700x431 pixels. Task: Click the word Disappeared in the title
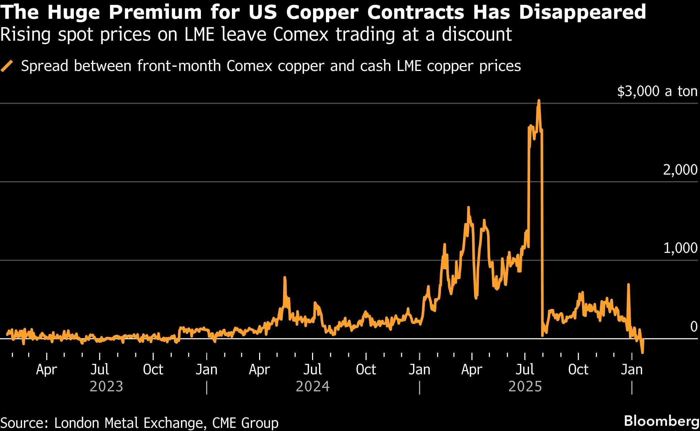(x=582, y=13)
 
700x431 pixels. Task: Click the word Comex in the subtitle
(x=301, y=34)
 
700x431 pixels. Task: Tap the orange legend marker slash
(x=7, y=66)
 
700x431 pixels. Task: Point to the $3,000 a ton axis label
(x=657, y=91)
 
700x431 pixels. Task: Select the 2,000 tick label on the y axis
(x=680, y=170)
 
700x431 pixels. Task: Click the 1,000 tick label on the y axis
(x=680, y=248)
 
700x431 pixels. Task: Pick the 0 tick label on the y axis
(x=694, y=327)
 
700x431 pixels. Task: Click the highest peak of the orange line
(x=539, y=101)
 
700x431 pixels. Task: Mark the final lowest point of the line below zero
(x=642, y=353)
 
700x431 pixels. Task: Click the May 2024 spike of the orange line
(x=285, y=278)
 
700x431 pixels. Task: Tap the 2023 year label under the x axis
(x=107, y=386)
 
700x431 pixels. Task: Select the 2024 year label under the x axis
(x=312, y=386)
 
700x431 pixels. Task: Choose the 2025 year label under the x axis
(x=525, y=386)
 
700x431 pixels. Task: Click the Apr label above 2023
(x=46, y=369)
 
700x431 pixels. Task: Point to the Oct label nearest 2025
(x=578, y=369)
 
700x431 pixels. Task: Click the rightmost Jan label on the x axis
(x=632, y=369)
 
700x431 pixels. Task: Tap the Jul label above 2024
(x=312, y=369)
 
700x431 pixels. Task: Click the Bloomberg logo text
(x=661, y=421)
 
